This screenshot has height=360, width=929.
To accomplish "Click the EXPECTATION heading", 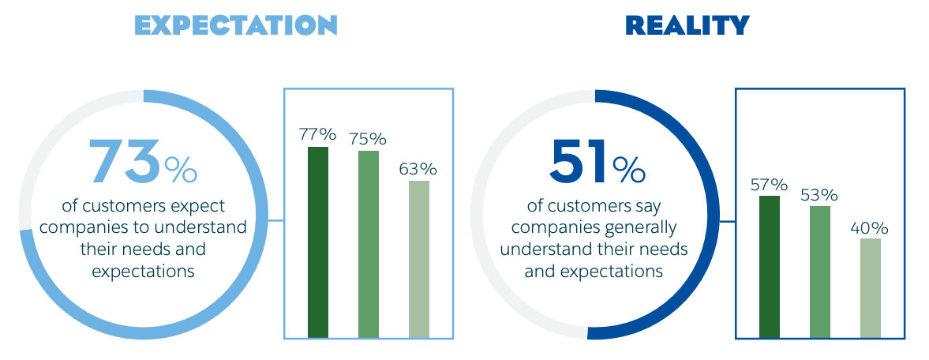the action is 236,25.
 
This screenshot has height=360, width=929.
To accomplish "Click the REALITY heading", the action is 687,25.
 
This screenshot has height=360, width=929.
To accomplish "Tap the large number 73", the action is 125,160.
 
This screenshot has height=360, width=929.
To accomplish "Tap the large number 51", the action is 579,160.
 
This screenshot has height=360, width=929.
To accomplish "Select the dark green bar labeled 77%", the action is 318,242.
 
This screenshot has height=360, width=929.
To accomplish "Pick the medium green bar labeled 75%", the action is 369,245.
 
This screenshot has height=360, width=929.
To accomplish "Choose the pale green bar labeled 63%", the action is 419,259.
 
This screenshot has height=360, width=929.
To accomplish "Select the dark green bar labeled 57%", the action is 770,267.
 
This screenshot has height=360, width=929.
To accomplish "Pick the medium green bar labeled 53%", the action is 820,272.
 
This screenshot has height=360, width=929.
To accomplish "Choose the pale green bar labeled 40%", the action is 871,288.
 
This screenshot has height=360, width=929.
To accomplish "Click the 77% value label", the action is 318,135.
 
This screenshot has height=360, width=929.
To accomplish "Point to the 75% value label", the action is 368,139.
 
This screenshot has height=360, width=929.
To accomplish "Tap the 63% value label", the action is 418,169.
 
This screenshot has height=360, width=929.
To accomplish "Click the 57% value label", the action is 769,184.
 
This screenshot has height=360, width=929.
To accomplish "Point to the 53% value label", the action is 819,194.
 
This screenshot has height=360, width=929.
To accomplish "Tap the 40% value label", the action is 870,227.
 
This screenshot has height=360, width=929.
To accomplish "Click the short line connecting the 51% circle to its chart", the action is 728,221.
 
